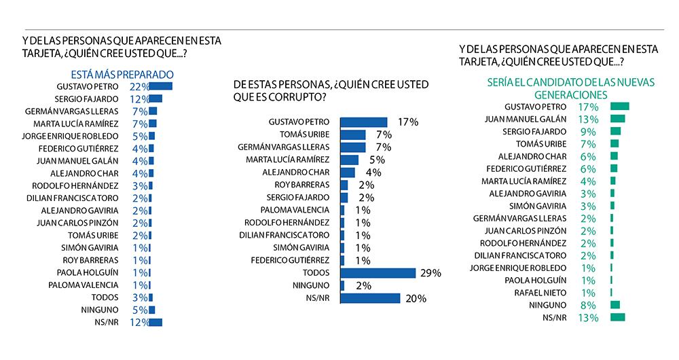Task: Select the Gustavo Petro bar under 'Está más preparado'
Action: coord(161,86)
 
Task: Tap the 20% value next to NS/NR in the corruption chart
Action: coord(415,298)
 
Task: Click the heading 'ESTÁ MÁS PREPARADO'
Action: coord(123,74)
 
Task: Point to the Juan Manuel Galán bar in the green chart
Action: coord(618,119)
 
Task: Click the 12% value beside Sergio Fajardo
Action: coord(139,98)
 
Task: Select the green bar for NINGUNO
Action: coord(615,305)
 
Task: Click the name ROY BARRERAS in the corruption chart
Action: coord(303,184)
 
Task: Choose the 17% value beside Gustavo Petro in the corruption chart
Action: coord(409,122)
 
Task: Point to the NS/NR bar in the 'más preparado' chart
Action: coord(155,322)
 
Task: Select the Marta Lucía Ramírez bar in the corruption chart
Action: coord(349,160)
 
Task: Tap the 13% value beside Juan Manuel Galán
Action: coord(588,119)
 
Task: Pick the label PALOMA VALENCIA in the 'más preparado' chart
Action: coord(84,285)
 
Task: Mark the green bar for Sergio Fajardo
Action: coord(616,131)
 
